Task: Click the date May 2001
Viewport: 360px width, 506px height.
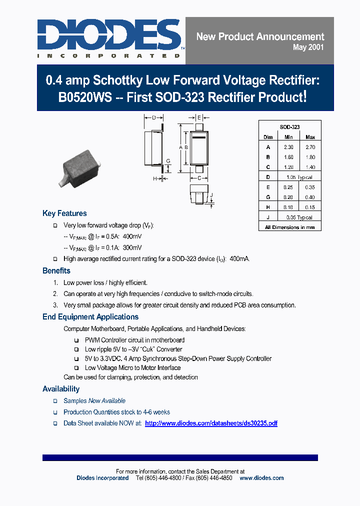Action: [x=308, y=47]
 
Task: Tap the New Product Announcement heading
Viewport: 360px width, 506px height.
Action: [x=260, y=36]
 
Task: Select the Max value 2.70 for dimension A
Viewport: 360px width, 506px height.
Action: [x=310, y=147]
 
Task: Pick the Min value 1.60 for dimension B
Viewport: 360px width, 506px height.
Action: [x=289, y=157]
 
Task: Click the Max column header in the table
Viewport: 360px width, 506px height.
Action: [x=310, y=137]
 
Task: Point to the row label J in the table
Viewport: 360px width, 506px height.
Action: [x=268, y=217]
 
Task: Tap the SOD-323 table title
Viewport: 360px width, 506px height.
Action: [x=289, y=127]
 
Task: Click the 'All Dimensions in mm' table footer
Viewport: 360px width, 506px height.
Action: [x=289, y=227]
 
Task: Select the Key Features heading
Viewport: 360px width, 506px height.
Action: [x=64, y=213]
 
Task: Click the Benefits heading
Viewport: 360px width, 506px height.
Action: [x=56, y=271]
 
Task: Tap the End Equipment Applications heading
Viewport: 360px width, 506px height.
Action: [x=90, y=317]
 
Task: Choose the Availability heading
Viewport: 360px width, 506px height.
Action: [x=61, y=389]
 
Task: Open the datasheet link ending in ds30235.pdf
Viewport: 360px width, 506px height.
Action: [x=211, y=423]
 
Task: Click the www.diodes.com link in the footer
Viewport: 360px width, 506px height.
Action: [x=261, y=478]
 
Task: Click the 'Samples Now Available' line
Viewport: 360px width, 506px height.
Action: [x=94, y=401]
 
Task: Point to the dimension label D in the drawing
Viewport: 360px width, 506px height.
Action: [x=154, y=118]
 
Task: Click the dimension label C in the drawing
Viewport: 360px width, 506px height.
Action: [x=198, y=178]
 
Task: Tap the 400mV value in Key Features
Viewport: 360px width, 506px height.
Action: [x=132, y=236]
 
